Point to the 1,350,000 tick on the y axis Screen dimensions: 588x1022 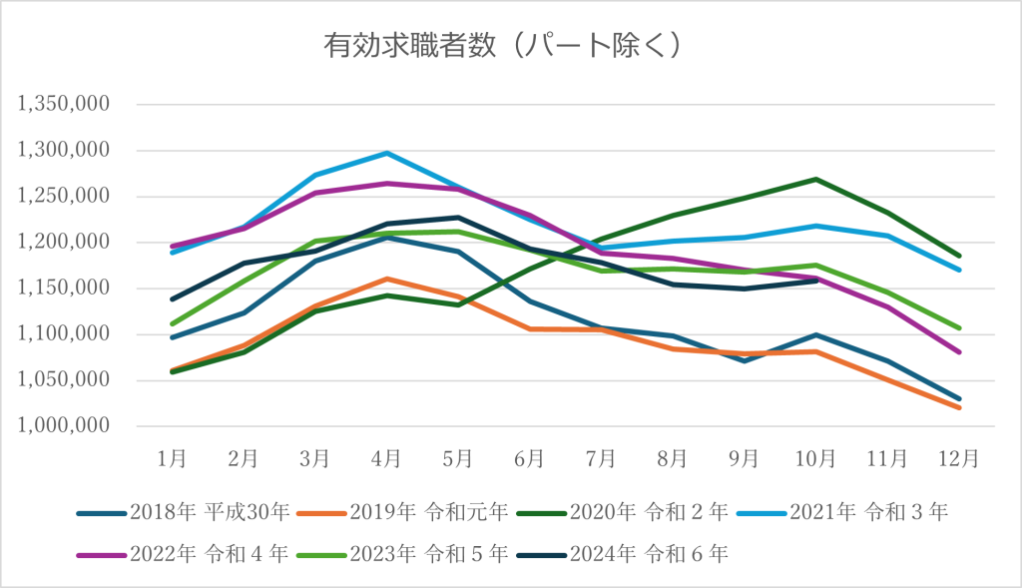(63, 104)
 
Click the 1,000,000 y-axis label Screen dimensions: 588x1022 (63, 425)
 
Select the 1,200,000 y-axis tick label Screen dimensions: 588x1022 (63, 242)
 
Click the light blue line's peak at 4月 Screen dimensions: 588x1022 (386, 153)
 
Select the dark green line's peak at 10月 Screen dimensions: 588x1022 (816, 179)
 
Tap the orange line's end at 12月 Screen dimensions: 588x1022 (959, 407)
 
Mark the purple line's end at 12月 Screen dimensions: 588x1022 (959, 352)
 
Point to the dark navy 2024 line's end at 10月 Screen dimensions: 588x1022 (816, 281)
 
